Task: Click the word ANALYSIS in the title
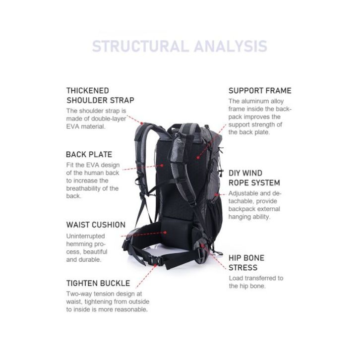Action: click(230, 47)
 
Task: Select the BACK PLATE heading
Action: click(89, 154)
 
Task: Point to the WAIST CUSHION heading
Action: click(96, 225)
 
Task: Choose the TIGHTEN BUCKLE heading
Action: click(98, 283)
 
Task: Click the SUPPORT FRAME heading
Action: click(260, 91)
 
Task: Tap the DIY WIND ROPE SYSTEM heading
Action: click(254, 178)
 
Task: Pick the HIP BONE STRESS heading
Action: click(246, 262)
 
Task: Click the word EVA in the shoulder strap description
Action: click(74, 127)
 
